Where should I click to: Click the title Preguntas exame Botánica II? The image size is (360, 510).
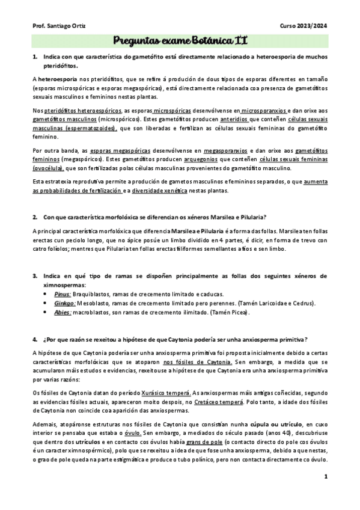[x=180, y=41]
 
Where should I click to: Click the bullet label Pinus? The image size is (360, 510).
[x=62, y=293]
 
